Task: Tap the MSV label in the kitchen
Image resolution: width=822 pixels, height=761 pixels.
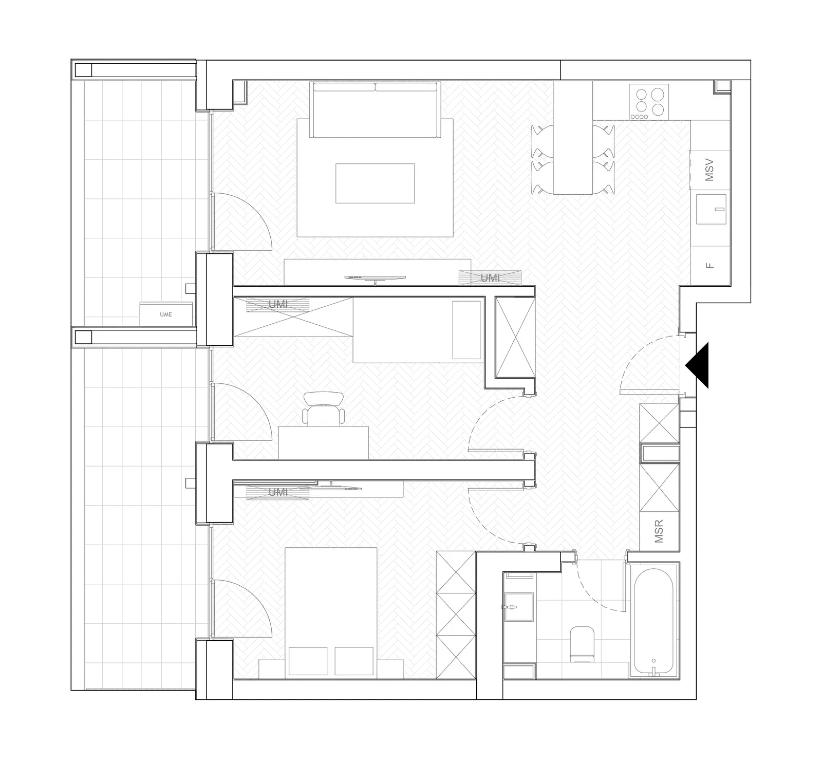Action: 709,170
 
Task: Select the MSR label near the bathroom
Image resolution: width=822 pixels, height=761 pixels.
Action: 659,531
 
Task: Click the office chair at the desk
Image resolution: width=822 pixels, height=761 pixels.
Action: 324,409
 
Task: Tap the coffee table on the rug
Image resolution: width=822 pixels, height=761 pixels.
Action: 375,183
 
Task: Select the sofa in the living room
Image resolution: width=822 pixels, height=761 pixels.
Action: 375,110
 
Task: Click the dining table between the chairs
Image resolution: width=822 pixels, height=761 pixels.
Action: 573,137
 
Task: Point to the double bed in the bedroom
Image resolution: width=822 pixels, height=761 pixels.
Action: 331,609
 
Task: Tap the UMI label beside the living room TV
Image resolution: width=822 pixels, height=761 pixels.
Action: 490,278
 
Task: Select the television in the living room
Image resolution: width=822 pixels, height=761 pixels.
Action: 376,278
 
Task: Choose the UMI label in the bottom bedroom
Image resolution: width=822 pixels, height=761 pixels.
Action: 278,492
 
